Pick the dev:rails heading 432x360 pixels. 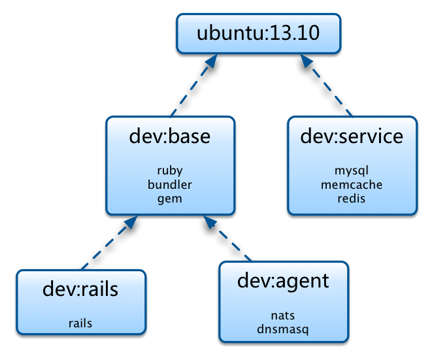(x=80, y=289)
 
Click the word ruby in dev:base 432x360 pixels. (x=169, y=171)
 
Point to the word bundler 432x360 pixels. (x=169, y=185)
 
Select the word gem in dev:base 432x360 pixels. (x=169, y=199)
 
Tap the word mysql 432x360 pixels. (x=352, y=171)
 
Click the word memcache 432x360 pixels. (x=352, y=185)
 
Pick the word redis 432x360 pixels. (x=352, y=199)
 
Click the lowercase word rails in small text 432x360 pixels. (x=80, y=323)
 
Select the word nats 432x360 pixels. (x=282, y=316)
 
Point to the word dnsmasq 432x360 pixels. (x=282, y=329)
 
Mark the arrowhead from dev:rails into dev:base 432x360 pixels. (x=129, y=222)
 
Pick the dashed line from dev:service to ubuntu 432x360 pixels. (x=330, y=91)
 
